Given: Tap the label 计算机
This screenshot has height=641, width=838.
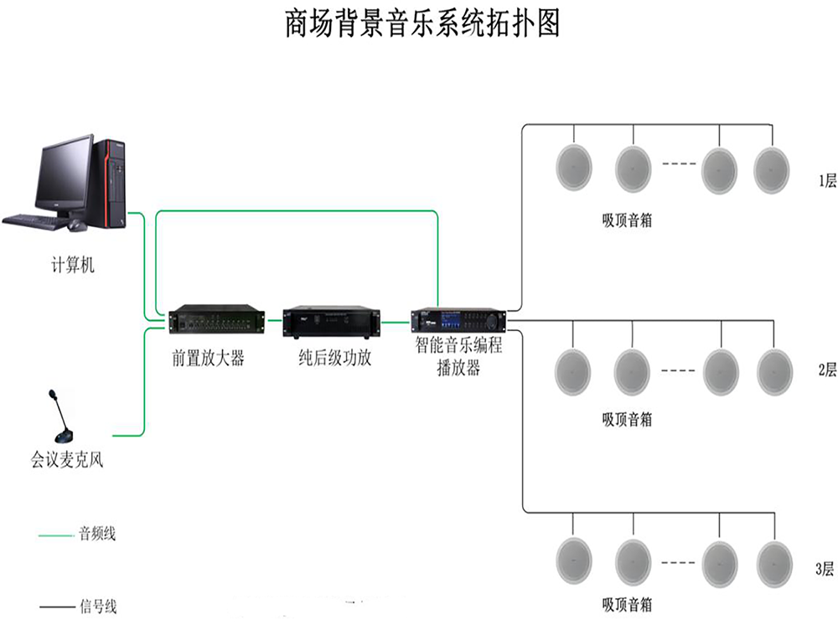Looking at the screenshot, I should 71,266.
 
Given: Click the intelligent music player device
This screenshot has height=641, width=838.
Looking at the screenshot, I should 458,319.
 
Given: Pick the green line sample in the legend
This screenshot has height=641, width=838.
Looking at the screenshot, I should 55,534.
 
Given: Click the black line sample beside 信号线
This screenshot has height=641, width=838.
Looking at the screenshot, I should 55,606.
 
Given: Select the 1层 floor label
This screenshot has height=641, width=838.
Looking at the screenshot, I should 826,181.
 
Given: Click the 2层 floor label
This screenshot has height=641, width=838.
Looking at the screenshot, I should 826,370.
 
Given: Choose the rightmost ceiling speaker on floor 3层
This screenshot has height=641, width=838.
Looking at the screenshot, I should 774,563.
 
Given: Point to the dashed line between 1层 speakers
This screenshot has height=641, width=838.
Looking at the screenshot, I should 679,163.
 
